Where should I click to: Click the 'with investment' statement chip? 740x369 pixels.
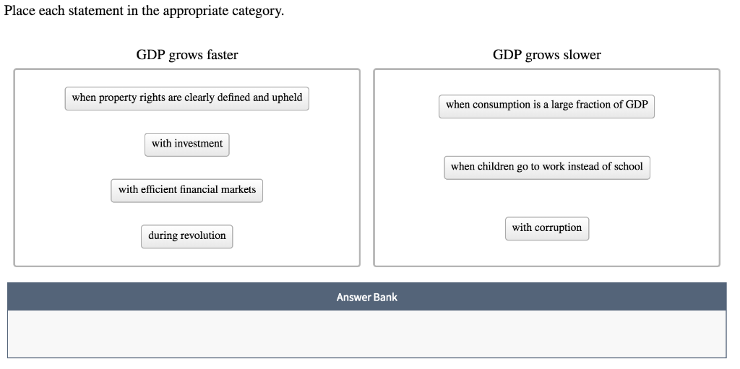click(x=187, y=144)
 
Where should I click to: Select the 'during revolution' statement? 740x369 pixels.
click(x=186, y=236)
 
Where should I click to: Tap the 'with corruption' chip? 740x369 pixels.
click(x=546, y=228)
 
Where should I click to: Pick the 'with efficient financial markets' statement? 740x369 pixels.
click(x=187, y=190)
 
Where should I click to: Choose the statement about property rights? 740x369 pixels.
click(x=186, y=97)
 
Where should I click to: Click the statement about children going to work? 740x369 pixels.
click(x=546, y=167)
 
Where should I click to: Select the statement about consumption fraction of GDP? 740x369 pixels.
click(x=546, y=105)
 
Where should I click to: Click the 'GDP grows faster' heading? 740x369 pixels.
click(x=186, y=55)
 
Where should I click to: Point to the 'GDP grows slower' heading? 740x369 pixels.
click(x=546, y=55)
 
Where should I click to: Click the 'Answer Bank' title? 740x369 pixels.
click(x=366, y=297)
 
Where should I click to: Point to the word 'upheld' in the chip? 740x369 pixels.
click(x=287, y=97)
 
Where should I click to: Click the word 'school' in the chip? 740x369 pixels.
click(x=626, y=167)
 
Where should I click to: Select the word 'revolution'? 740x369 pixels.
click(x=203, y=236)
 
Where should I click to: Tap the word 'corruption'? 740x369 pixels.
click(x=558, y=228)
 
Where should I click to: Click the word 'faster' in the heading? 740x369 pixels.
click(x=220, y=55)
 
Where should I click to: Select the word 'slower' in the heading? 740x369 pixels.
click(x=582, y=55)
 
